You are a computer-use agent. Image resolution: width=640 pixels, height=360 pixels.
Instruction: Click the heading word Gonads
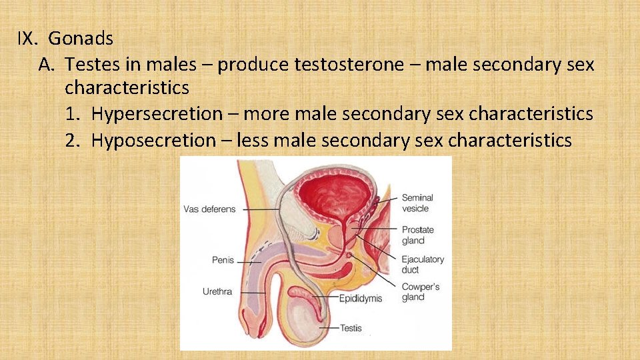pos(81,38)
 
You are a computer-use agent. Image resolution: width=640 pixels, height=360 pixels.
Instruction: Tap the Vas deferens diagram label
pos(209,209)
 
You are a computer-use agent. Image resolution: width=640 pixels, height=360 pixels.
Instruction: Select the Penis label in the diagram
pos(223,260)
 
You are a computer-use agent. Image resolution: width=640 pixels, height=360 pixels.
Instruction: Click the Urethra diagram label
pos(217,291)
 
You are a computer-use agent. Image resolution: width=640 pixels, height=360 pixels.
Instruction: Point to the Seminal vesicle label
pos(417,203)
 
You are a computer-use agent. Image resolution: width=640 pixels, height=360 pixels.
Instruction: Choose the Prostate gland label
pos(417,235)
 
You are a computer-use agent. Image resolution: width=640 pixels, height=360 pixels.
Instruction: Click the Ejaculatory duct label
pos(423,265)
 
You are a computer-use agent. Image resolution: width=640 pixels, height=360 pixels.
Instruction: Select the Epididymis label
pos(361,298)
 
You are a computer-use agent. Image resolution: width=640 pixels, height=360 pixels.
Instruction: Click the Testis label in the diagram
pos(351,328)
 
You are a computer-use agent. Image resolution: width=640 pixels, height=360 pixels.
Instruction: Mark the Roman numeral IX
pos(26,38)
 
